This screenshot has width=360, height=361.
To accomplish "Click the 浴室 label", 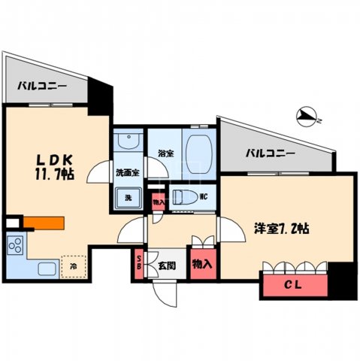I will pos(166,153).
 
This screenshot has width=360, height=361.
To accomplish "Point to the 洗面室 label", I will pos(126,173).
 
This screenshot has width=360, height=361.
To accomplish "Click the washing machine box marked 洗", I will pos(127,197).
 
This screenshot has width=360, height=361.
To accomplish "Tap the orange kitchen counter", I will pos(44,223).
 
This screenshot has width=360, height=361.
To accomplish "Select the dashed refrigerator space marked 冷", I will pos(73,265).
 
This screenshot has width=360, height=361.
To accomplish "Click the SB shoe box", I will pos(139,264).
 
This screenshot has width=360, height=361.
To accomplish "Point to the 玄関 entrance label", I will pos(167,265).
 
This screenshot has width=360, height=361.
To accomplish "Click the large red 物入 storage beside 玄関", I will pos(201,264).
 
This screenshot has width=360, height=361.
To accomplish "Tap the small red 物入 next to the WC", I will pos(158,202).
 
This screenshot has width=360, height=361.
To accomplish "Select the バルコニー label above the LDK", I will pos(43,86).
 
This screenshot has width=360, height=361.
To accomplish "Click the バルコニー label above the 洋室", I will pos(270,153).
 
